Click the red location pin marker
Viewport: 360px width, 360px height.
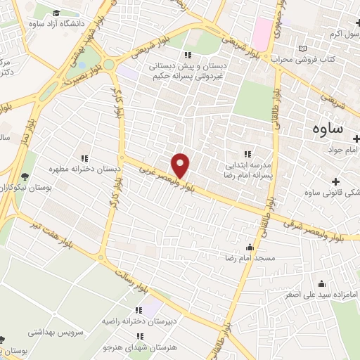181,165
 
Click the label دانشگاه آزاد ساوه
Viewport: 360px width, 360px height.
62,23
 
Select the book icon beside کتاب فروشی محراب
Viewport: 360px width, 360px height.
303,49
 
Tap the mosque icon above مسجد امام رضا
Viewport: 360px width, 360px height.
250,247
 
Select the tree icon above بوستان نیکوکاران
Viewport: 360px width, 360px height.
25,176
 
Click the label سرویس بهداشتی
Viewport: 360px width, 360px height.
51,330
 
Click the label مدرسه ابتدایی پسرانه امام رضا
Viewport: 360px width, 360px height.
247,167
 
